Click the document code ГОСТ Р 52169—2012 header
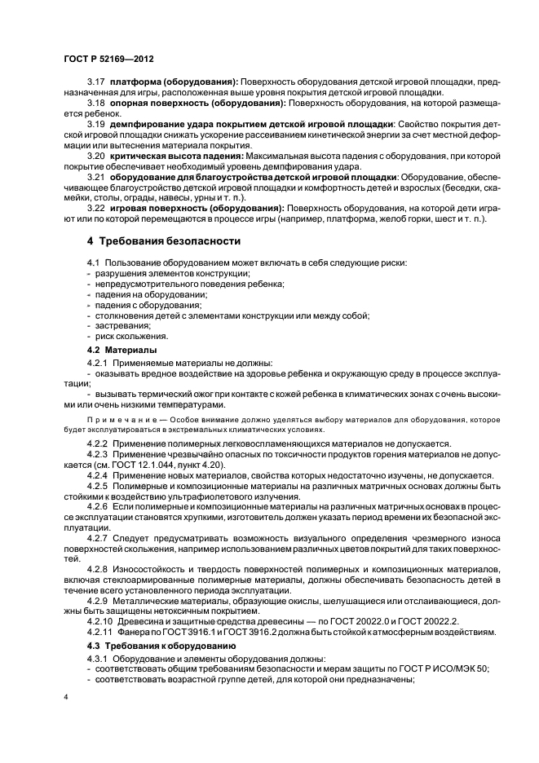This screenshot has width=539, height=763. (x=109, y=60)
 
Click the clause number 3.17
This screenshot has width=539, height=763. (x=97, y=82)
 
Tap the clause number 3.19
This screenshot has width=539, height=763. (x=97, y=124)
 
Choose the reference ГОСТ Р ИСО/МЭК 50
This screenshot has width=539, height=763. (x=447, y=668)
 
